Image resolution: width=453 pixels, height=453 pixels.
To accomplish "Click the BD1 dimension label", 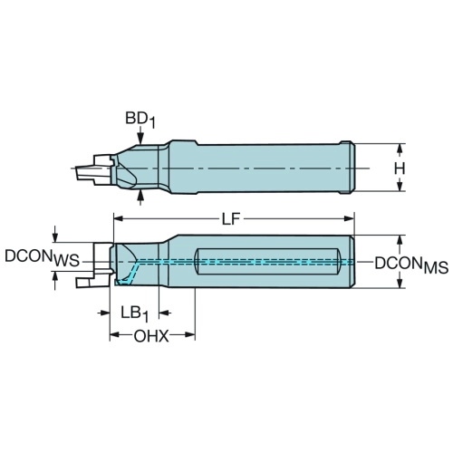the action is pyautogui.click(x=140, y=120).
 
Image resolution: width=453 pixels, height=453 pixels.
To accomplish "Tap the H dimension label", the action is pyautogui.click(x=400, y=169).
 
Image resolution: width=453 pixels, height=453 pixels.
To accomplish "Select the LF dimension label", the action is pyautogui.click(x=231, y=219).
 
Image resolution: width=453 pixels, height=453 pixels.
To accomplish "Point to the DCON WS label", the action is pyautogui.click(x=42, y=258).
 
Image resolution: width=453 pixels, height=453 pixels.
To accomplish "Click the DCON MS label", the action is pyautogui.click(x=411, y=265).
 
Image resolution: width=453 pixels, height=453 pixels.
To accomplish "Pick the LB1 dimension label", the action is pyautogui.click(x=135, y=314).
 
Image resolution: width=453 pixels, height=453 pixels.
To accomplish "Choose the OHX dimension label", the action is pyautogui.click(x=151, y=336).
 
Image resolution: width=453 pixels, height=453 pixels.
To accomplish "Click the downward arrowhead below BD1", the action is pyautogui.click(x=140, y=139).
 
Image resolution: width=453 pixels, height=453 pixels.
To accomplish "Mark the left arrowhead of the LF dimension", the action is pyautogui.click(x=119, y=218).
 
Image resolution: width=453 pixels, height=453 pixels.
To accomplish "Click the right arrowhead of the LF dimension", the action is pyautogui.click(x=349, y=218).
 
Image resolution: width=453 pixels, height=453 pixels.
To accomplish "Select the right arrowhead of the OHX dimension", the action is pyautogui.click(x=189, y=334).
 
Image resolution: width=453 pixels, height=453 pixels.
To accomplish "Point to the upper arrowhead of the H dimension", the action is pyautogui.click(x=400, y=149).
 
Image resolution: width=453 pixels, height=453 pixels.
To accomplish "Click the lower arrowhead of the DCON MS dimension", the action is pyautogui.click(x=400, y=283).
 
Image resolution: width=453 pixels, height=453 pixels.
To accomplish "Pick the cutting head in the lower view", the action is pyautogui.click(x=95, y=265).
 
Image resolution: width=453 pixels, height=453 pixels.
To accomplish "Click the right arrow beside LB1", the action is pyautogui.click(x=165, y=313).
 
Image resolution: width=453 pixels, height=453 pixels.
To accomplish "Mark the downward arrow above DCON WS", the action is pyautogui.click(x=55, y=233).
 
